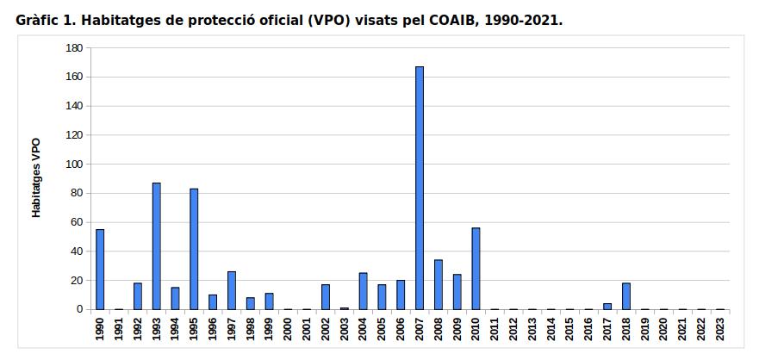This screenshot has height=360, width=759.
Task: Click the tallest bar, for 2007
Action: tap(420, 188)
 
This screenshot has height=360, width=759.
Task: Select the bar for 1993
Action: tap(156, 245)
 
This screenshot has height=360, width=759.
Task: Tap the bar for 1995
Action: tap(194, 248)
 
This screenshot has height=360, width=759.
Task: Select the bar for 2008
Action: tap(439, 284)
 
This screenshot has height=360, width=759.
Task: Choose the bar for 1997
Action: tap(232, 290)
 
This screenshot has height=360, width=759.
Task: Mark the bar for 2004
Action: tap(363, 290)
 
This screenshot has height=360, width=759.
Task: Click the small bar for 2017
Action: tap(607, 306)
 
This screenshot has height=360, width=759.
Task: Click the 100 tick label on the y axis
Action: tap(74, 164)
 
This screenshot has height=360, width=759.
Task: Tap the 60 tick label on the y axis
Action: tap(77, 222)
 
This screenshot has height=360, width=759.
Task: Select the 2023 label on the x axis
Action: tap(720, 330)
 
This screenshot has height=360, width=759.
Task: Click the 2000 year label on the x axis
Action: tap(288, 330)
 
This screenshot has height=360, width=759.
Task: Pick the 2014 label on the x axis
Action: tap(551, 330)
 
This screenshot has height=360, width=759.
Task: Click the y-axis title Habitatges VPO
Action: tap(36, 177)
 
